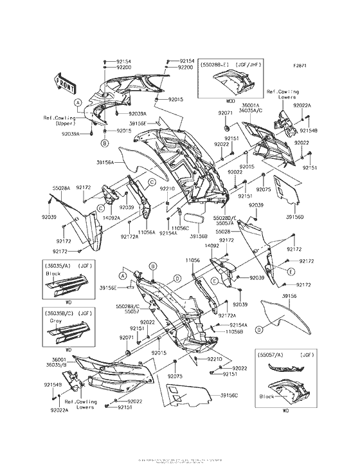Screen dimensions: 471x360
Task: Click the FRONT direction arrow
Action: [x=64, y=82]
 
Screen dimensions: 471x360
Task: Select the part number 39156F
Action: [x=138, y=123]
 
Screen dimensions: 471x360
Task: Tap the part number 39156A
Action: [x=105, y=163]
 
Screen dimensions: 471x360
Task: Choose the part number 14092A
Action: [x=112, y=217]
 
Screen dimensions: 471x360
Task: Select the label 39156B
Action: [x=199, y=236]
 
